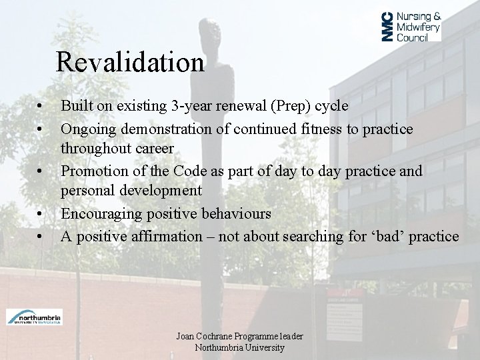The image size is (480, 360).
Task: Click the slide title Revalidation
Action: click(130, 63)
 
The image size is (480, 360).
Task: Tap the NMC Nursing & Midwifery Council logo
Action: click(411, 27)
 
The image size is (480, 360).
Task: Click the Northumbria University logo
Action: click(34, 317)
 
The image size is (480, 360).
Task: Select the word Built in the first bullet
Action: click(76, 106)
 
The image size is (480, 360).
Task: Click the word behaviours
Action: click(233, 213)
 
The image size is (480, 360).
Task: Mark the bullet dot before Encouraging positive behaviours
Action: click(41, 215)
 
